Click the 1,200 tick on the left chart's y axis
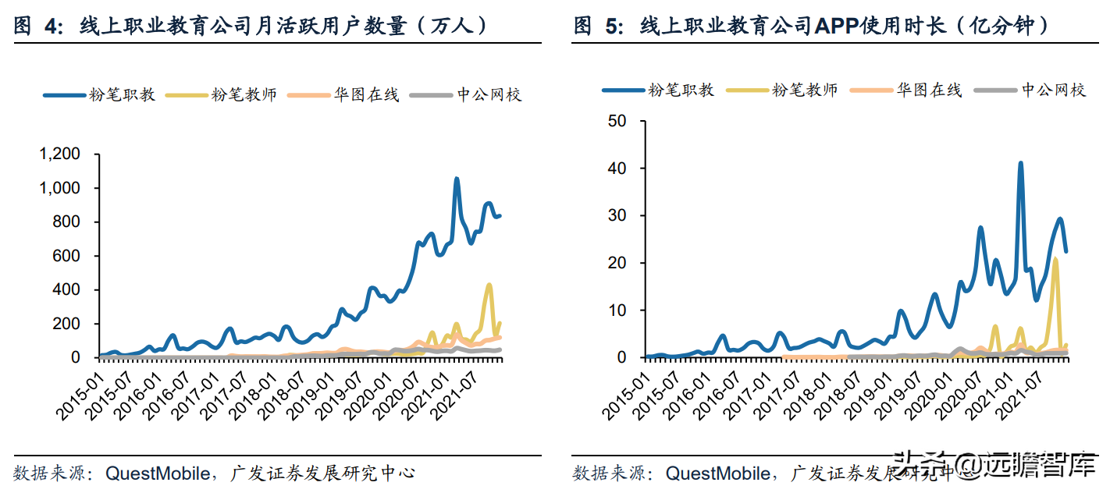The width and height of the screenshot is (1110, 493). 59,154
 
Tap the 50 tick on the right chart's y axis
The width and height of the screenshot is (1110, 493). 617,121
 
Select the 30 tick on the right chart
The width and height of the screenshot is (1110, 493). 617,216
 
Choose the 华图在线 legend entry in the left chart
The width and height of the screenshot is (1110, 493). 344,95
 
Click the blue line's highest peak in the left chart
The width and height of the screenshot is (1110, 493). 457,179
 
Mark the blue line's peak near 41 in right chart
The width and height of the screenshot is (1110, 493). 1020,164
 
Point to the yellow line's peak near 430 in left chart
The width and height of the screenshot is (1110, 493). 489,286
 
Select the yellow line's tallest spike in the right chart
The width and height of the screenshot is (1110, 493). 1055,259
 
